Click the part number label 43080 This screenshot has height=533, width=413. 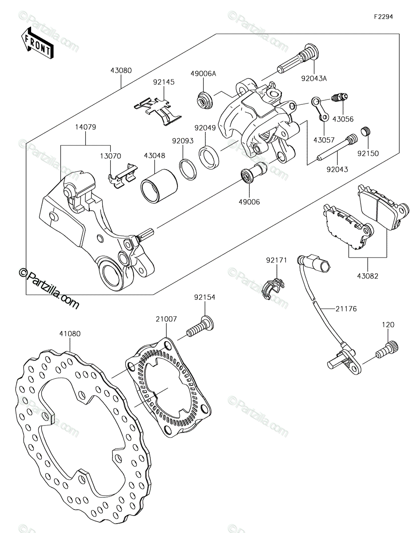click(121, 71)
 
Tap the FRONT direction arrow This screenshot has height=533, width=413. click(37, 44)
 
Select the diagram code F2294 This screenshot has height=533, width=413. click(383, 17)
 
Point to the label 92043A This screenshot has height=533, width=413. click(314, 79)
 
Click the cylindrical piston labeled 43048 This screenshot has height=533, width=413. click(159, 186)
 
